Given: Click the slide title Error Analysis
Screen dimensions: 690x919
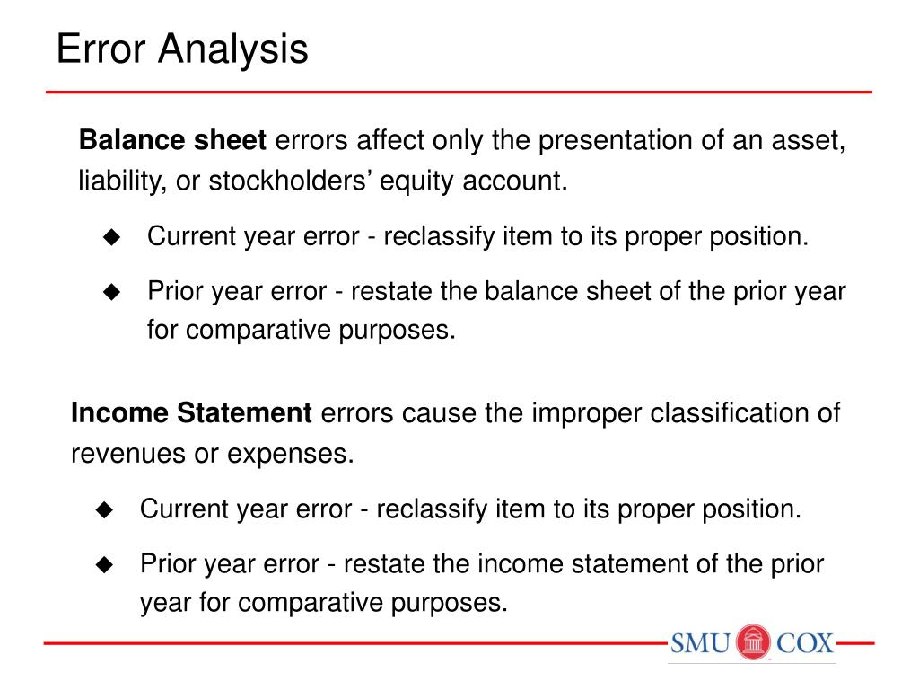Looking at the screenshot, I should click(x=182, y=49).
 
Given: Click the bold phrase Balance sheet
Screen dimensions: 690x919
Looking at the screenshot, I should click(x=173, y=141).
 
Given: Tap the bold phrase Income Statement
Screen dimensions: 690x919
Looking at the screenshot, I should click(x=191, y=414).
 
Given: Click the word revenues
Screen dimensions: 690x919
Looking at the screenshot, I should click(x=128, y=454).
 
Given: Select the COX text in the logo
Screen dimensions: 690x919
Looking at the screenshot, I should click(x=805, y=644).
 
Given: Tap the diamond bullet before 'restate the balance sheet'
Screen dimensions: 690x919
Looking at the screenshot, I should click(x=111, y=292).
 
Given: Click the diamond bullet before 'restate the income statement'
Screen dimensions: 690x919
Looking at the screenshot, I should click(x=104, y=564).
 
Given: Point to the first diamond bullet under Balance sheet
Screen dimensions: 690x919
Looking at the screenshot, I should click(x=111, y=237).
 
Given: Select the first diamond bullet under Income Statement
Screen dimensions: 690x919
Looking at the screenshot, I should click(x=104, y=510).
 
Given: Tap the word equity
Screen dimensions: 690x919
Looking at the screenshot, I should click(x=418, y=181).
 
